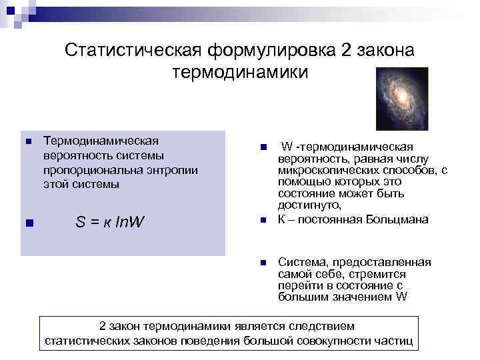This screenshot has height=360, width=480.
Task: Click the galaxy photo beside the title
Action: (x=401, y=99)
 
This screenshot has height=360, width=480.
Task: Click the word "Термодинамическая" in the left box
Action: (x=101, y=141)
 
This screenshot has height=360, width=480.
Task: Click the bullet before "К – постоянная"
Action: (x=263, y=220)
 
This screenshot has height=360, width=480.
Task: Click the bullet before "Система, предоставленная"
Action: (x=263, y=263)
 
